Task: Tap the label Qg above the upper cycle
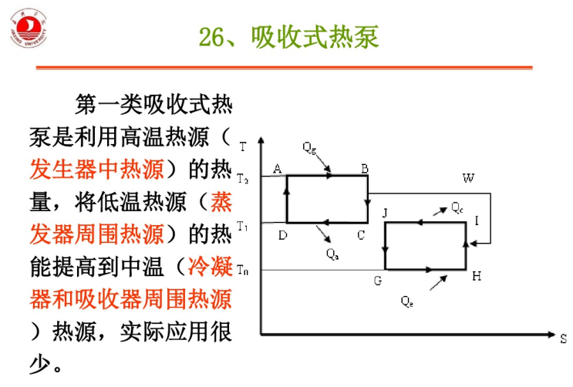point(309,146)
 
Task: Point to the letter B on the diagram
point(365,169)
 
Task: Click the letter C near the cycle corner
point(361,235)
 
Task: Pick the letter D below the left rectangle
point(282,235)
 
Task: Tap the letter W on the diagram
point(468,178)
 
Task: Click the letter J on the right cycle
point(384,213)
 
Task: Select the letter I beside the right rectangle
point(477,221)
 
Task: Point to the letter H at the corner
point(477,277)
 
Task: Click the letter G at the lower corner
point(378,281)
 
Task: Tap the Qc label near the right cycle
point(457,208)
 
